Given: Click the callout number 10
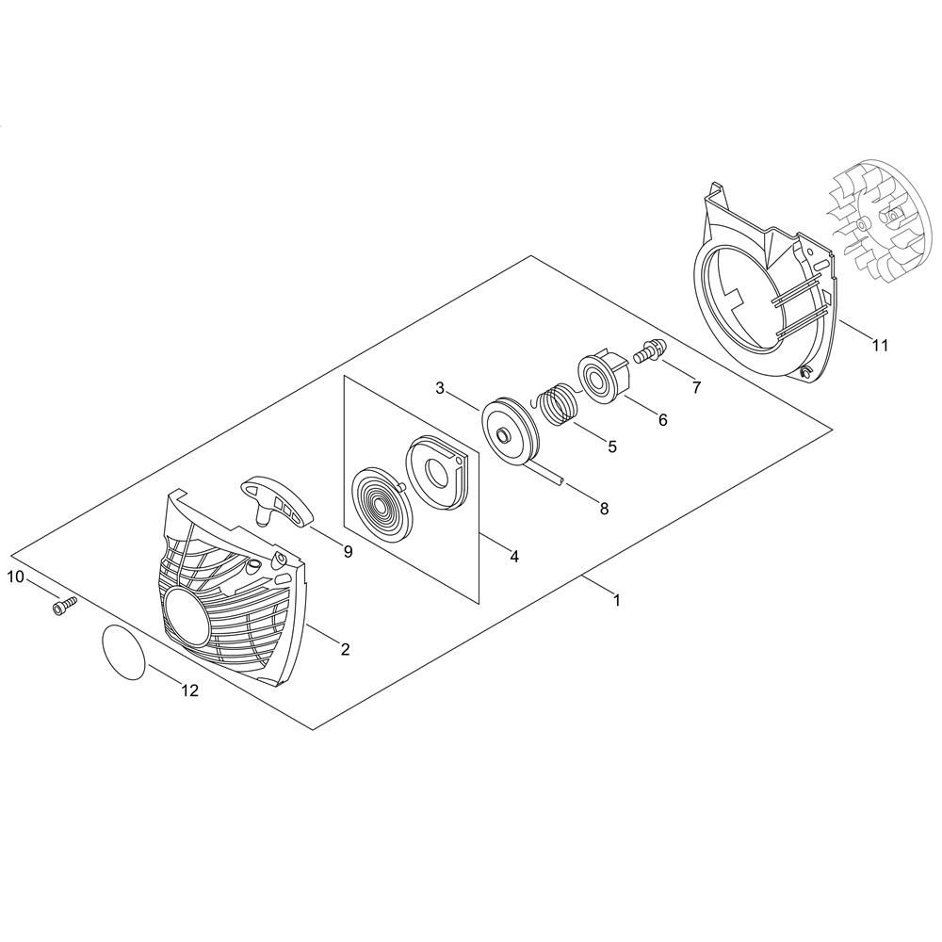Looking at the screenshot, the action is click(x=15, y=577).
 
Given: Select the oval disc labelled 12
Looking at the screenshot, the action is click(x=123, y=653).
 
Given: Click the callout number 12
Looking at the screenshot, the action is click(x=190, y=690).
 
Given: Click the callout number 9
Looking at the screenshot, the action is click(x=348, y=551).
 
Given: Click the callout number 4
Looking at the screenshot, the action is click(x=513, y=557).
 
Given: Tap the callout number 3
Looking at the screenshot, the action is click(x=440, y=388).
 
